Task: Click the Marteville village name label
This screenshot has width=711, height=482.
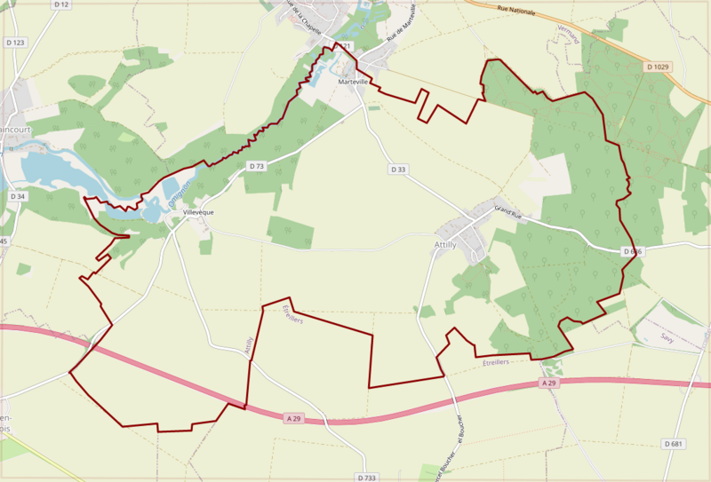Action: [x=354, y=82]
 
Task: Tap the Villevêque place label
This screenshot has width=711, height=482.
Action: [x=197, y=212]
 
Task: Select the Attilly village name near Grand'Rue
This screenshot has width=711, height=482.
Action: [x=445, y=244]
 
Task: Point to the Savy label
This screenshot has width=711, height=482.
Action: [x=667, y=337]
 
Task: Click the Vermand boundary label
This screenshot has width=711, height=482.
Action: [x=563, y=35]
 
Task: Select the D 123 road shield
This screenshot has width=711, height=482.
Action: [x=15, y=42]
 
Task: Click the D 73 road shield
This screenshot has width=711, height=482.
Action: [x=257, y=166]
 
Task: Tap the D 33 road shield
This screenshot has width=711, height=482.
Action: [x=397, y=169]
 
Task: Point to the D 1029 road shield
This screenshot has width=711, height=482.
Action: [x=659, y=67]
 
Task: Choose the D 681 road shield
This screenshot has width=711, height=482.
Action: [x=673, y=443]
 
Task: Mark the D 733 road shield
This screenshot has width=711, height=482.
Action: [x=365, y=478]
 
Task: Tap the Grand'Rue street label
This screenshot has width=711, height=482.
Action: [x=512, y=211]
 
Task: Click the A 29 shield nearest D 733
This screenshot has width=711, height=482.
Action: [x=296, y=417]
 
